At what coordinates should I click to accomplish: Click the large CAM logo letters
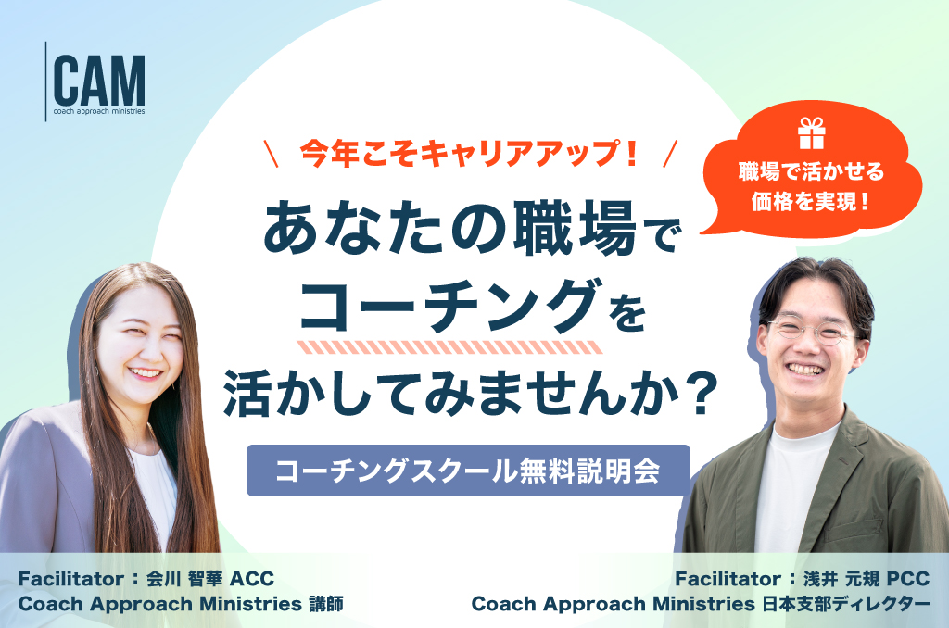(x=98, y=81)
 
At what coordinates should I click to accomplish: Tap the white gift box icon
(x=811, y=133)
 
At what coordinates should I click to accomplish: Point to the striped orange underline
(x=449, y=347)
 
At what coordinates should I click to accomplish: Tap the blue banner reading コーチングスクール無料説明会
(x=468, y=471)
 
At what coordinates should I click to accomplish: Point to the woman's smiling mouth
(x=146, y=372)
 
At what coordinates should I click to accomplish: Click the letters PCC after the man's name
(x=908, y=578)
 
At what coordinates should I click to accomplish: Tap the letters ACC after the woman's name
(x=252, y=578)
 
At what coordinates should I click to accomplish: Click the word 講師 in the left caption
(x=326, y=604)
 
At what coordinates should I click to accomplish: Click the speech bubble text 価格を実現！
(x=811, y=202)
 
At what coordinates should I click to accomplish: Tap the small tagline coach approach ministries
(x=98, y=111)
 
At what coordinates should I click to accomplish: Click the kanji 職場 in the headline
(x=575, y=228)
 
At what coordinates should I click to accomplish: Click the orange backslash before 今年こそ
(x=272, y=154)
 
